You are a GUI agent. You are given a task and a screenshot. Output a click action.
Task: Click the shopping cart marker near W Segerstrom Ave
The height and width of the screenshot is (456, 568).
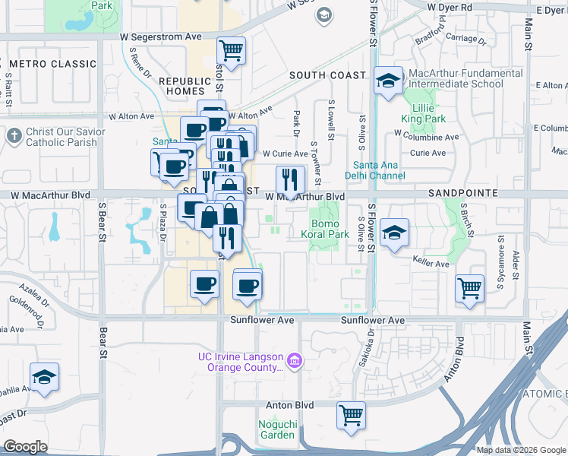coord(231,51)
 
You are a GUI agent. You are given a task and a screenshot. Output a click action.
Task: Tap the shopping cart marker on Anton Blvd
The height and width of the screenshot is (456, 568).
coord(351,415)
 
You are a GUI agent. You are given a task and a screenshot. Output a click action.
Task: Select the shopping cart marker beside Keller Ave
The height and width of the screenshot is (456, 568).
coord(470,288)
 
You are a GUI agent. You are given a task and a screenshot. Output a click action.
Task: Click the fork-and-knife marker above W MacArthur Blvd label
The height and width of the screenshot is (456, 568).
coord(289,179)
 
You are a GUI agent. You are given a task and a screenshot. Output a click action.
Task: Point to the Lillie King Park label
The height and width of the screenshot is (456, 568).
coord(424,112)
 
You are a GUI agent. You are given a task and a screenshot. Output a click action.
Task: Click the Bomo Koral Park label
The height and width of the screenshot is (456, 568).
coord(330,230)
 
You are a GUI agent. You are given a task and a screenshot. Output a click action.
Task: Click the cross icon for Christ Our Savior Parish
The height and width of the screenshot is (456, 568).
coord(14,136)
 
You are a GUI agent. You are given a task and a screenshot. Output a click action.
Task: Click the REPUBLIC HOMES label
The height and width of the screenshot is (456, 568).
coord(184,86)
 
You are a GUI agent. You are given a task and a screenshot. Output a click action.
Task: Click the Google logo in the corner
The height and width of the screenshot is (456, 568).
coord(25,447)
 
